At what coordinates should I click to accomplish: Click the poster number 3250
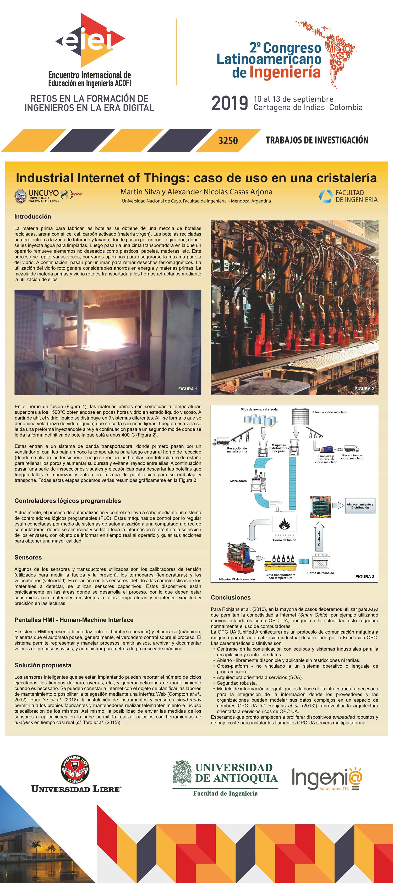click(x=228, y=140)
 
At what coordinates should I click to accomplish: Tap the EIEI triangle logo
click(x=90, y=41)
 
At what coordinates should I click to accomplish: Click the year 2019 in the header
click(x=230, y=103)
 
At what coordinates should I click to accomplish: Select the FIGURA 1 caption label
click(x=187, y=389)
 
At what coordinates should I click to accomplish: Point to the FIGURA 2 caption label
click(x=364, y=389)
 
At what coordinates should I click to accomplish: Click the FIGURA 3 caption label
click(x=364, y=577)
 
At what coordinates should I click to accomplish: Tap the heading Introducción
click(x=32, y=217)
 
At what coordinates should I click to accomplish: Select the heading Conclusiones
click(x=231, y=598)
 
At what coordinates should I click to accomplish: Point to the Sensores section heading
click(x=28, y=557)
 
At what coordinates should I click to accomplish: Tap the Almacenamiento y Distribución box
click(x=360, y=506)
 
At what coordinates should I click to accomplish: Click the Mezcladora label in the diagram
click(x=238, y=481)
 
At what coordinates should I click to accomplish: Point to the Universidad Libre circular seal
click(x=75, y=769)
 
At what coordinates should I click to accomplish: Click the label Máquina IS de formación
click(x=237, y=579)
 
